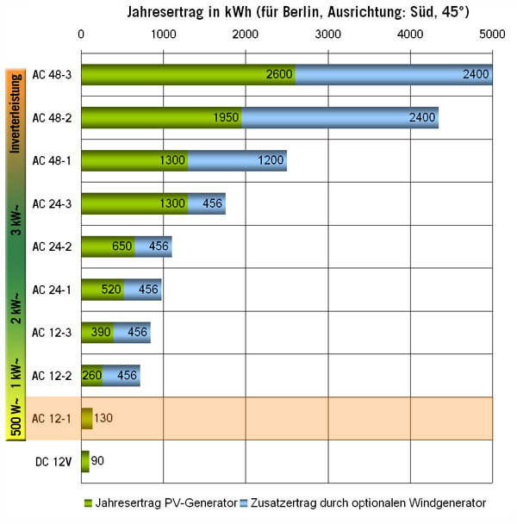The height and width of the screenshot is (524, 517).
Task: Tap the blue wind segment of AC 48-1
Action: point(237,159)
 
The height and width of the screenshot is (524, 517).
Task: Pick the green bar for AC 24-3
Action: point(134,203)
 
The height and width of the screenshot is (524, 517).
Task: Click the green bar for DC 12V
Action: point(84,461)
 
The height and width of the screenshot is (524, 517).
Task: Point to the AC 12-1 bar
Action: point(86,418)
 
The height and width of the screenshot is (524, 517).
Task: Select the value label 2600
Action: point(279,74)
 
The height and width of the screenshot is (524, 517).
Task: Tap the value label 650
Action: point(122,246)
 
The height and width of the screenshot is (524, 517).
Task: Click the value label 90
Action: point(97,461)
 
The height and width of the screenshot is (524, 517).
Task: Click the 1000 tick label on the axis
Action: point(163,34)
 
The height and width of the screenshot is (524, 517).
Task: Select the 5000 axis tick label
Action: point(491,34)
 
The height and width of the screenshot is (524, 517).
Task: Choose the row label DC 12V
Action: point(53,461)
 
